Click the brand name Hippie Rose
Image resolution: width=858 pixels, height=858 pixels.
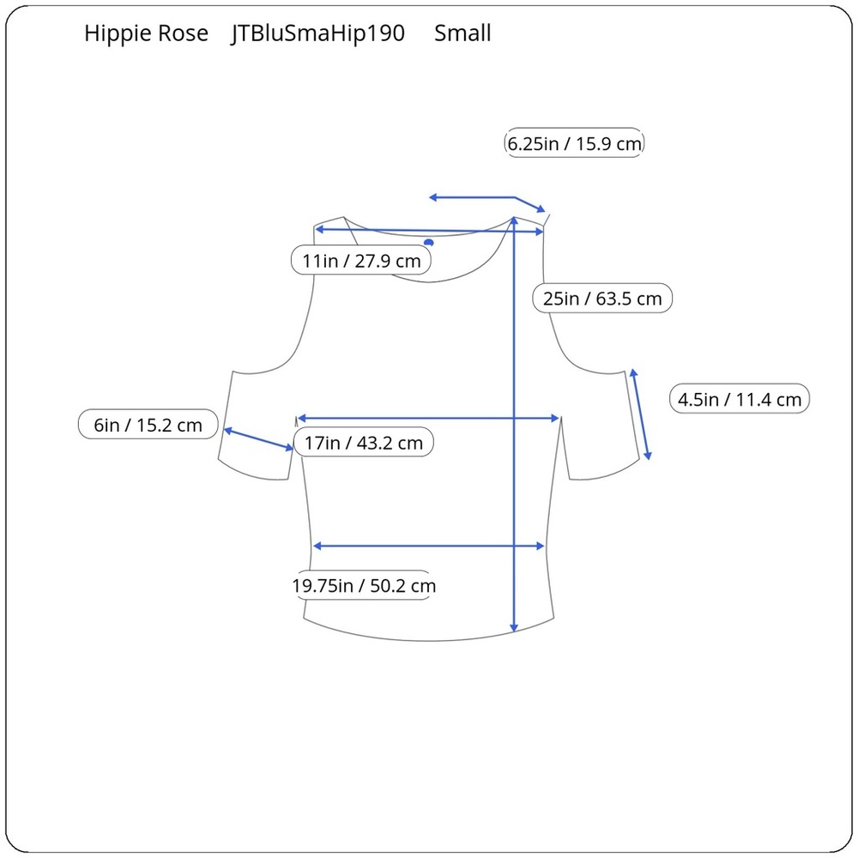(146, 33)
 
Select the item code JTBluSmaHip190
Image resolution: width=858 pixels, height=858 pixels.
(317, 33)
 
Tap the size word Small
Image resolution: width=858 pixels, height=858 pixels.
(462, 33)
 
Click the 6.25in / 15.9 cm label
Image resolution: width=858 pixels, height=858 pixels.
(574, 143)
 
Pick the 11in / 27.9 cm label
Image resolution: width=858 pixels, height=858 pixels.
(361, 261)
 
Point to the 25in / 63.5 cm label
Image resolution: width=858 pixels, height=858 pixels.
(602, 299)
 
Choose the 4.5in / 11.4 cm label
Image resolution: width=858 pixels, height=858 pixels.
(740, 399)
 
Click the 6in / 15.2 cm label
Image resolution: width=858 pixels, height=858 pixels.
(148, 425)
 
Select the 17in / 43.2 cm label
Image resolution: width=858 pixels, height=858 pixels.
(364, 442)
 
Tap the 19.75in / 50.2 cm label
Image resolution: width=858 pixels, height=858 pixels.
(364, 585)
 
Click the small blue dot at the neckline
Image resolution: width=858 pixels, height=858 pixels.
(429, 243)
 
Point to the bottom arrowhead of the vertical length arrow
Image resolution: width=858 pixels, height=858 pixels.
(514, 628)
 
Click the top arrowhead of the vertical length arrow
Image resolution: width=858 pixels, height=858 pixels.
(514, 221)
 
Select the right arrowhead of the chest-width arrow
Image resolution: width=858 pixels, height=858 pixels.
(554, 418)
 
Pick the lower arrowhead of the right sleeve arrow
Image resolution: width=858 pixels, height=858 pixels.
(648, 455)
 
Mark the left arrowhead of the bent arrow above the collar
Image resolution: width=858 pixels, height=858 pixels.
(433, 197)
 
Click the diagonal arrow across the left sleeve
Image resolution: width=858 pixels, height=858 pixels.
(258, 439)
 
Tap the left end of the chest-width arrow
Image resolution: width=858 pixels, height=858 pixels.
(299, 418)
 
